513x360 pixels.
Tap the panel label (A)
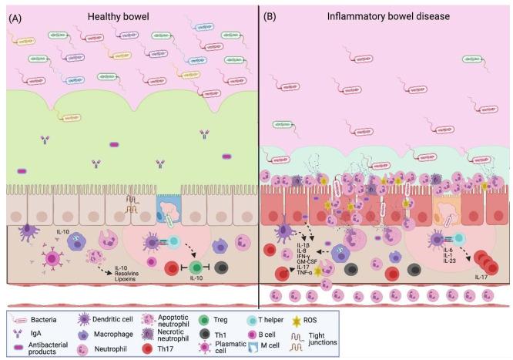15,15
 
